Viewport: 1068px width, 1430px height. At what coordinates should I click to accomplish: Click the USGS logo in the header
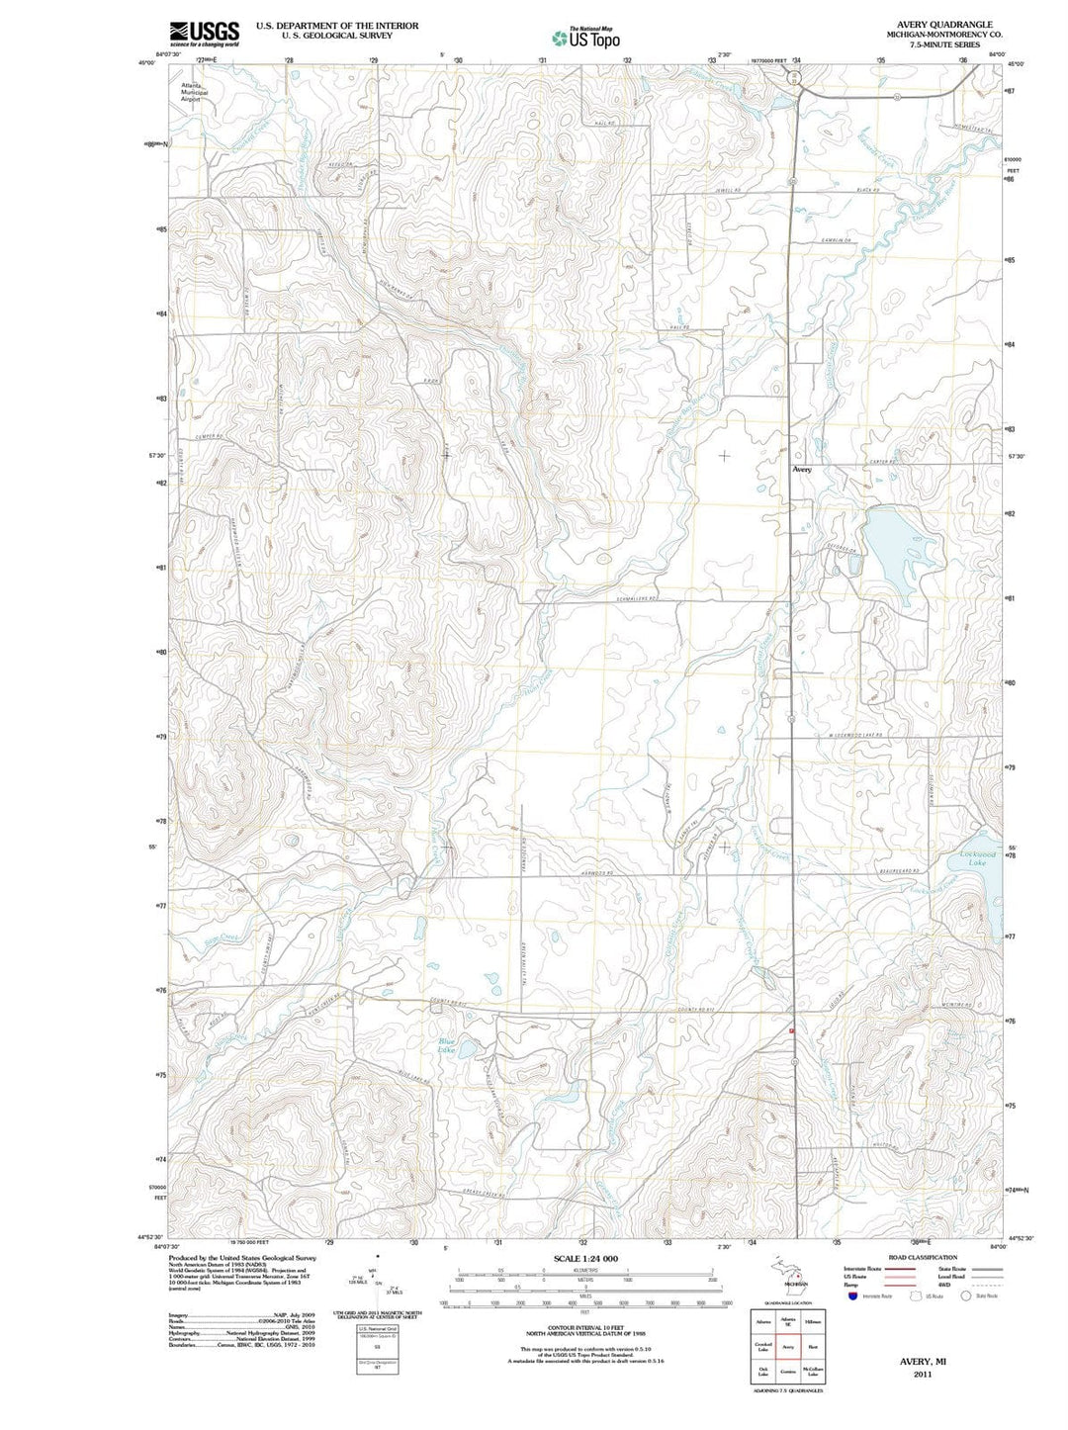pyautogui.click(x=204, y=35)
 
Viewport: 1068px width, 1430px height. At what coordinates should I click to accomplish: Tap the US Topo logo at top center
pyautogui.click(x=586, y=38)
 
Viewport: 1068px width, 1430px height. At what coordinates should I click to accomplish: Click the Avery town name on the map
pyautogui.click(x=801, y=470)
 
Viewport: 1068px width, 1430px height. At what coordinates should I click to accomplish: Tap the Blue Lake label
pyautogui.click(x=448, y=1045)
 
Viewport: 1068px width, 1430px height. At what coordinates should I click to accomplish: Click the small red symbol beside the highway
pyautogui.click(x=792, y=1029)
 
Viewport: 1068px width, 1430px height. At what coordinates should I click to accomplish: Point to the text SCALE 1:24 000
pyautogui.click(x=585, y=1258)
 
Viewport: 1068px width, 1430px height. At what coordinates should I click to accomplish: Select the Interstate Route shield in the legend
pyautogui.click(x=852, y=1296)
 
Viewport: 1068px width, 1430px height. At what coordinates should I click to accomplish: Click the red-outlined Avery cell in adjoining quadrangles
pyautogui.click(x=788, y=1346)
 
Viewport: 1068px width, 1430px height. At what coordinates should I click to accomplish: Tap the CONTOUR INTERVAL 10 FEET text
pyautogui.click(x=585, y=1327)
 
